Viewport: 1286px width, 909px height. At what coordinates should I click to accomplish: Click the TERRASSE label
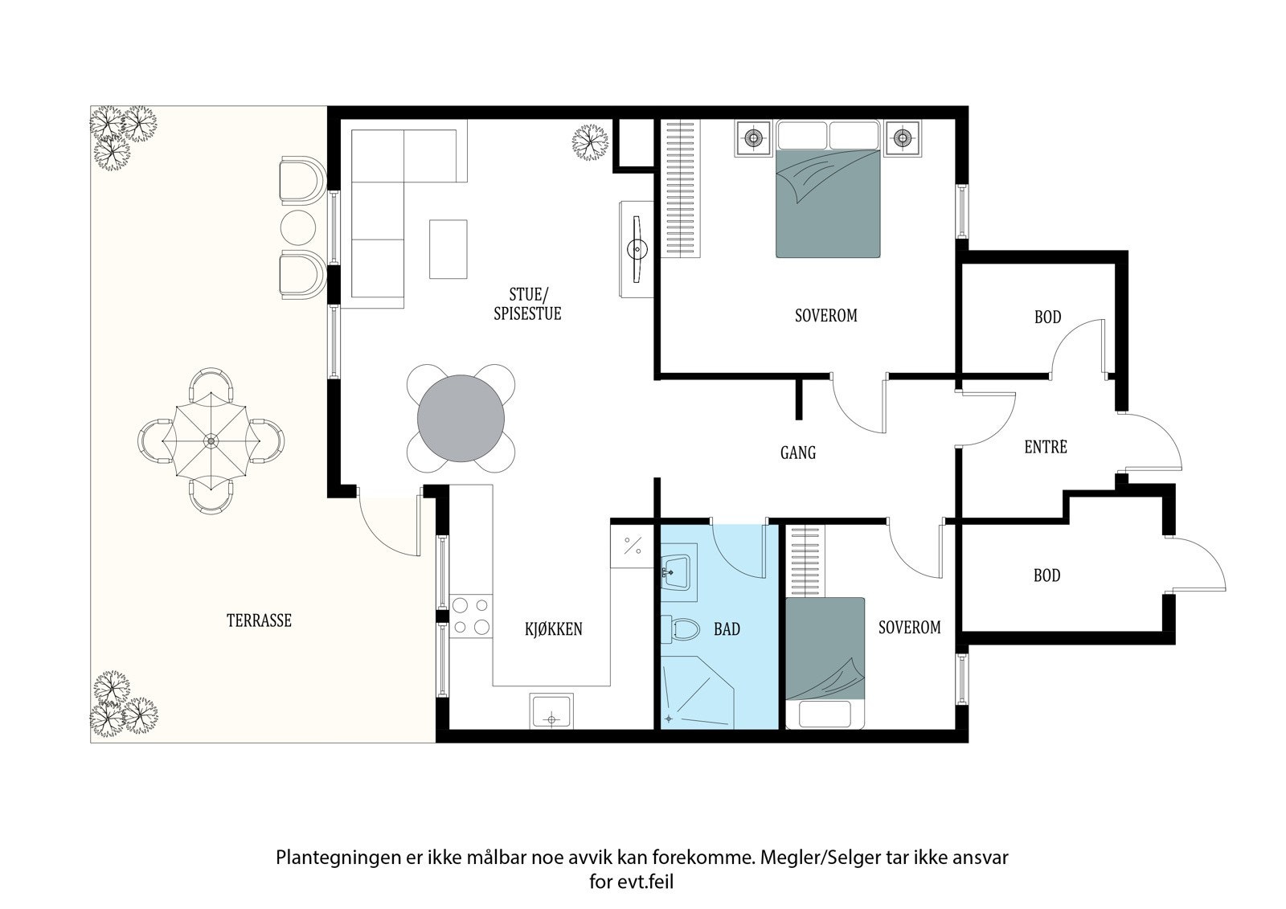tap(259, 620)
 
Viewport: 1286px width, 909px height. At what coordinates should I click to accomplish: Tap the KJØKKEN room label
tap(554, 629)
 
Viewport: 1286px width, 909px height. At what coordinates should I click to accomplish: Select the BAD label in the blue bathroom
tap(727, 629)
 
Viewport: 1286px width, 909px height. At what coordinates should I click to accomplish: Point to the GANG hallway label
tap(798, 453)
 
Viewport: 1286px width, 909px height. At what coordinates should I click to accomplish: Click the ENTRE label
tap(1046, 447)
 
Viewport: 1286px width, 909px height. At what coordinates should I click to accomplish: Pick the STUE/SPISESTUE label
tap(527, 304)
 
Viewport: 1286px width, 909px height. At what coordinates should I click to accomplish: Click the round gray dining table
tap(461, 418)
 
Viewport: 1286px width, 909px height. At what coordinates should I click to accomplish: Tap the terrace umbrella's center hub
tap(211, 441)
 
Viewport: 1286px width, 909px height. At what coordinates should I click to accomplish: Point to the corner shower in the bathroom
tap(698, 693)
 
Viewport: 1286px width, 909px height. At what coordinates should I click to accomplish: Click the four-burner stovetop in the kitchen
tap(471, 616)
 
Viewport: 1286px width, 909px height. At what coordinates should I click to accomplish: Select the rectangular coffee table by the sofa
tap(448, 249)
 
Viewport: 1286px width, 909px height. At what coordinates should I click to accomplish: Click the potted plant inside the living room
tap(590, 142)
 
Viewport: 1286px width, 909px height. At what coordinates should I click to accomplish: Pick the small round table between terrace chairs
tap(298, 227)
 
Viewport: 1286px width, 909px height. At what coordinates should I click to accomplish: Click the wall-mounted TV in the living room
tap(637, 249)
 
